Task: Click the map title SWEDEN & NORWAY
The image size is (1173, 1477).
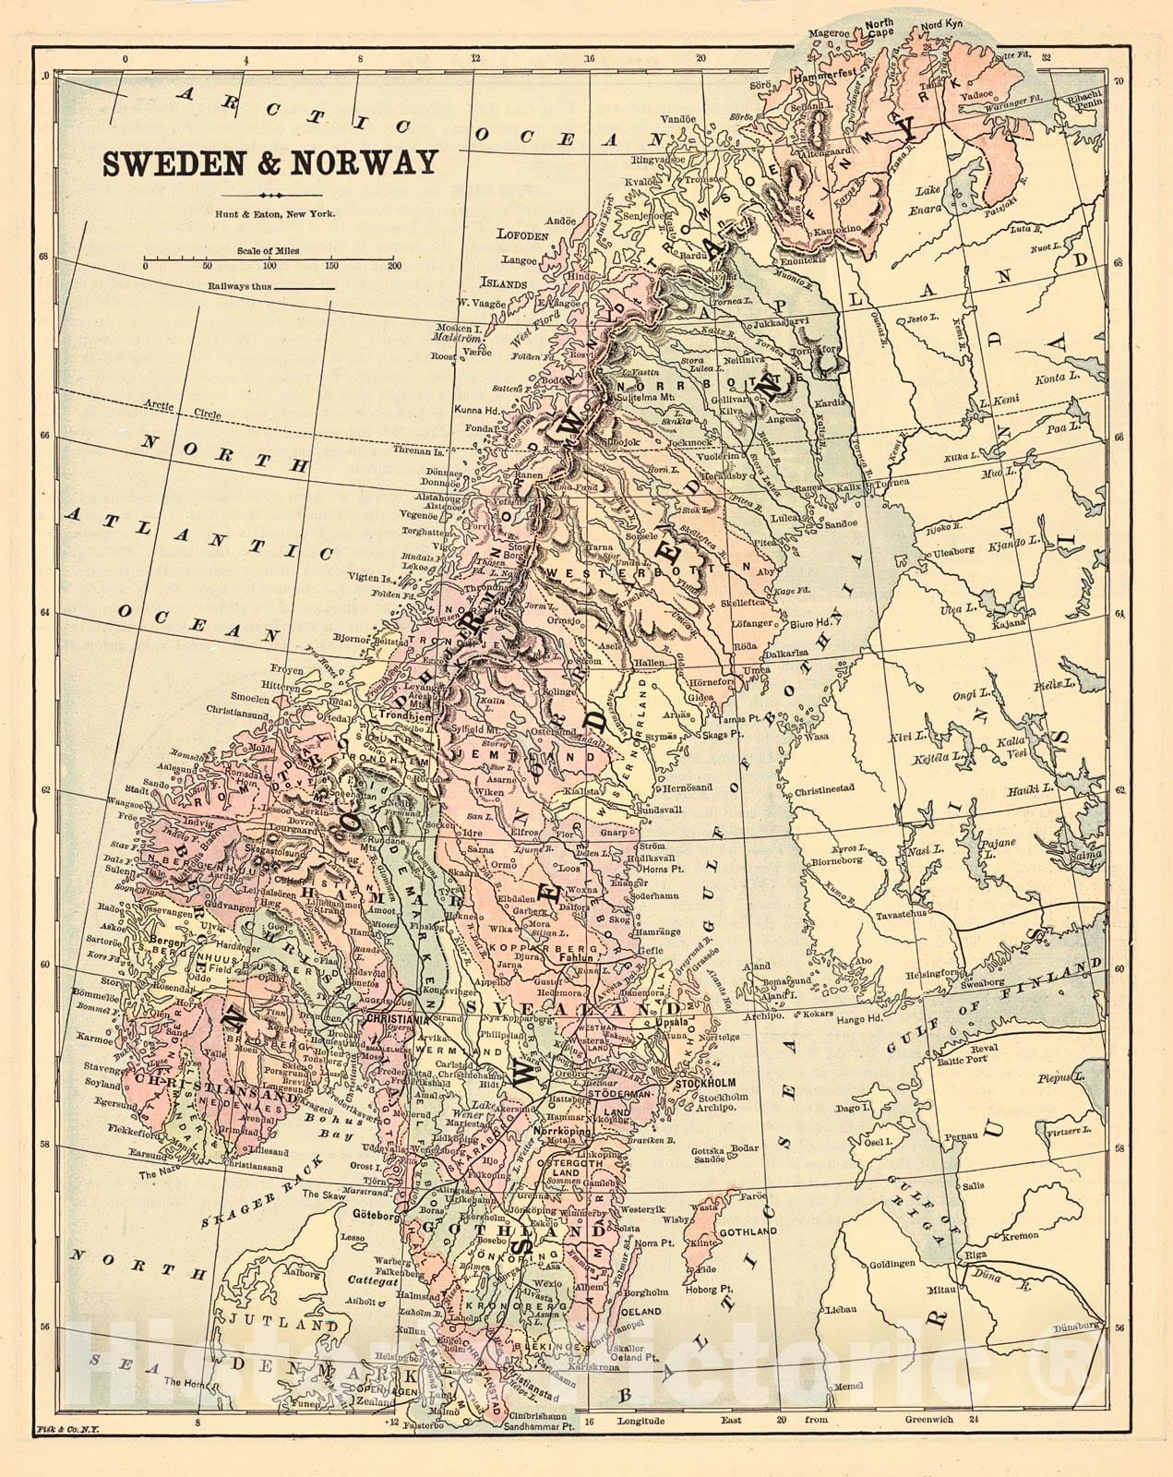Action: (269, 162)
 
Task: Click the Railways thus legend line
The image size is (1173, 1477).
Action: (305, 288)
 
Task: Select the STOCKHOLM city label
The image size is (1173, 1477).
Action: (731, 1083)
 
